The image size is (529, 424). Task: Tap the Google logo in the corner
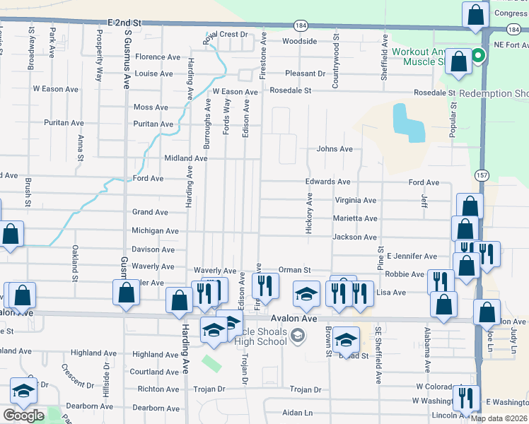pyautogui.click(x=23, y=416)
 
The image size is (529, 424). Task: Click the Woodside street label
pyautogui.click(x=299, y=41)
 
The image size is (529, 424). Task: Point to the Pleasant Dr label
pyautogui.click(x=305, y=73)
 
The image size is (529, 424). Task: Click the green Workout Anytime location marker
pyautogui.click(x=479, y=56)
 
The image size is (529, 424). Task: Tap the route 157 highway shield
pyautogui.click(x=479, y=174)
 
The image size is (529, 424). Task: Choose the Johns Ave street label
pyautogui.click(x=335, y=149)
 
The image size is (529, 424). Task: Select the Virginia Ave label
pyautogui.click(x=355, y=200)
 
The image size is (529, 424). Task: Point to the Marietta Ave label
pyautogui.click(x=355, y=219)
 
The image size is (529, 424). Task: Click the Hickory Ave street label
pyautogui.click(x=309, y=212)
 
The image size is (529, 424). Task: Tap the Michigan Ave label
pyautogui.click(x=155, y=231)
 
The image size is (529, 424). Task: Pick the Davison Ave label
pyautogui.click(x=153, y=249)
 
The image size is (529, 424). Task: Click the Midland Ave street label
pyautogui.click(x=185, y=158)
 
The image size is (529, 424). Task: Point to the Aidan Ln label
pyautogui.click(x=298, y=413)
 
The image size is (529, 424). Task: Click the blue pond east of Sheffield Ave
pyautogui.click(x=408, y=123)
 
